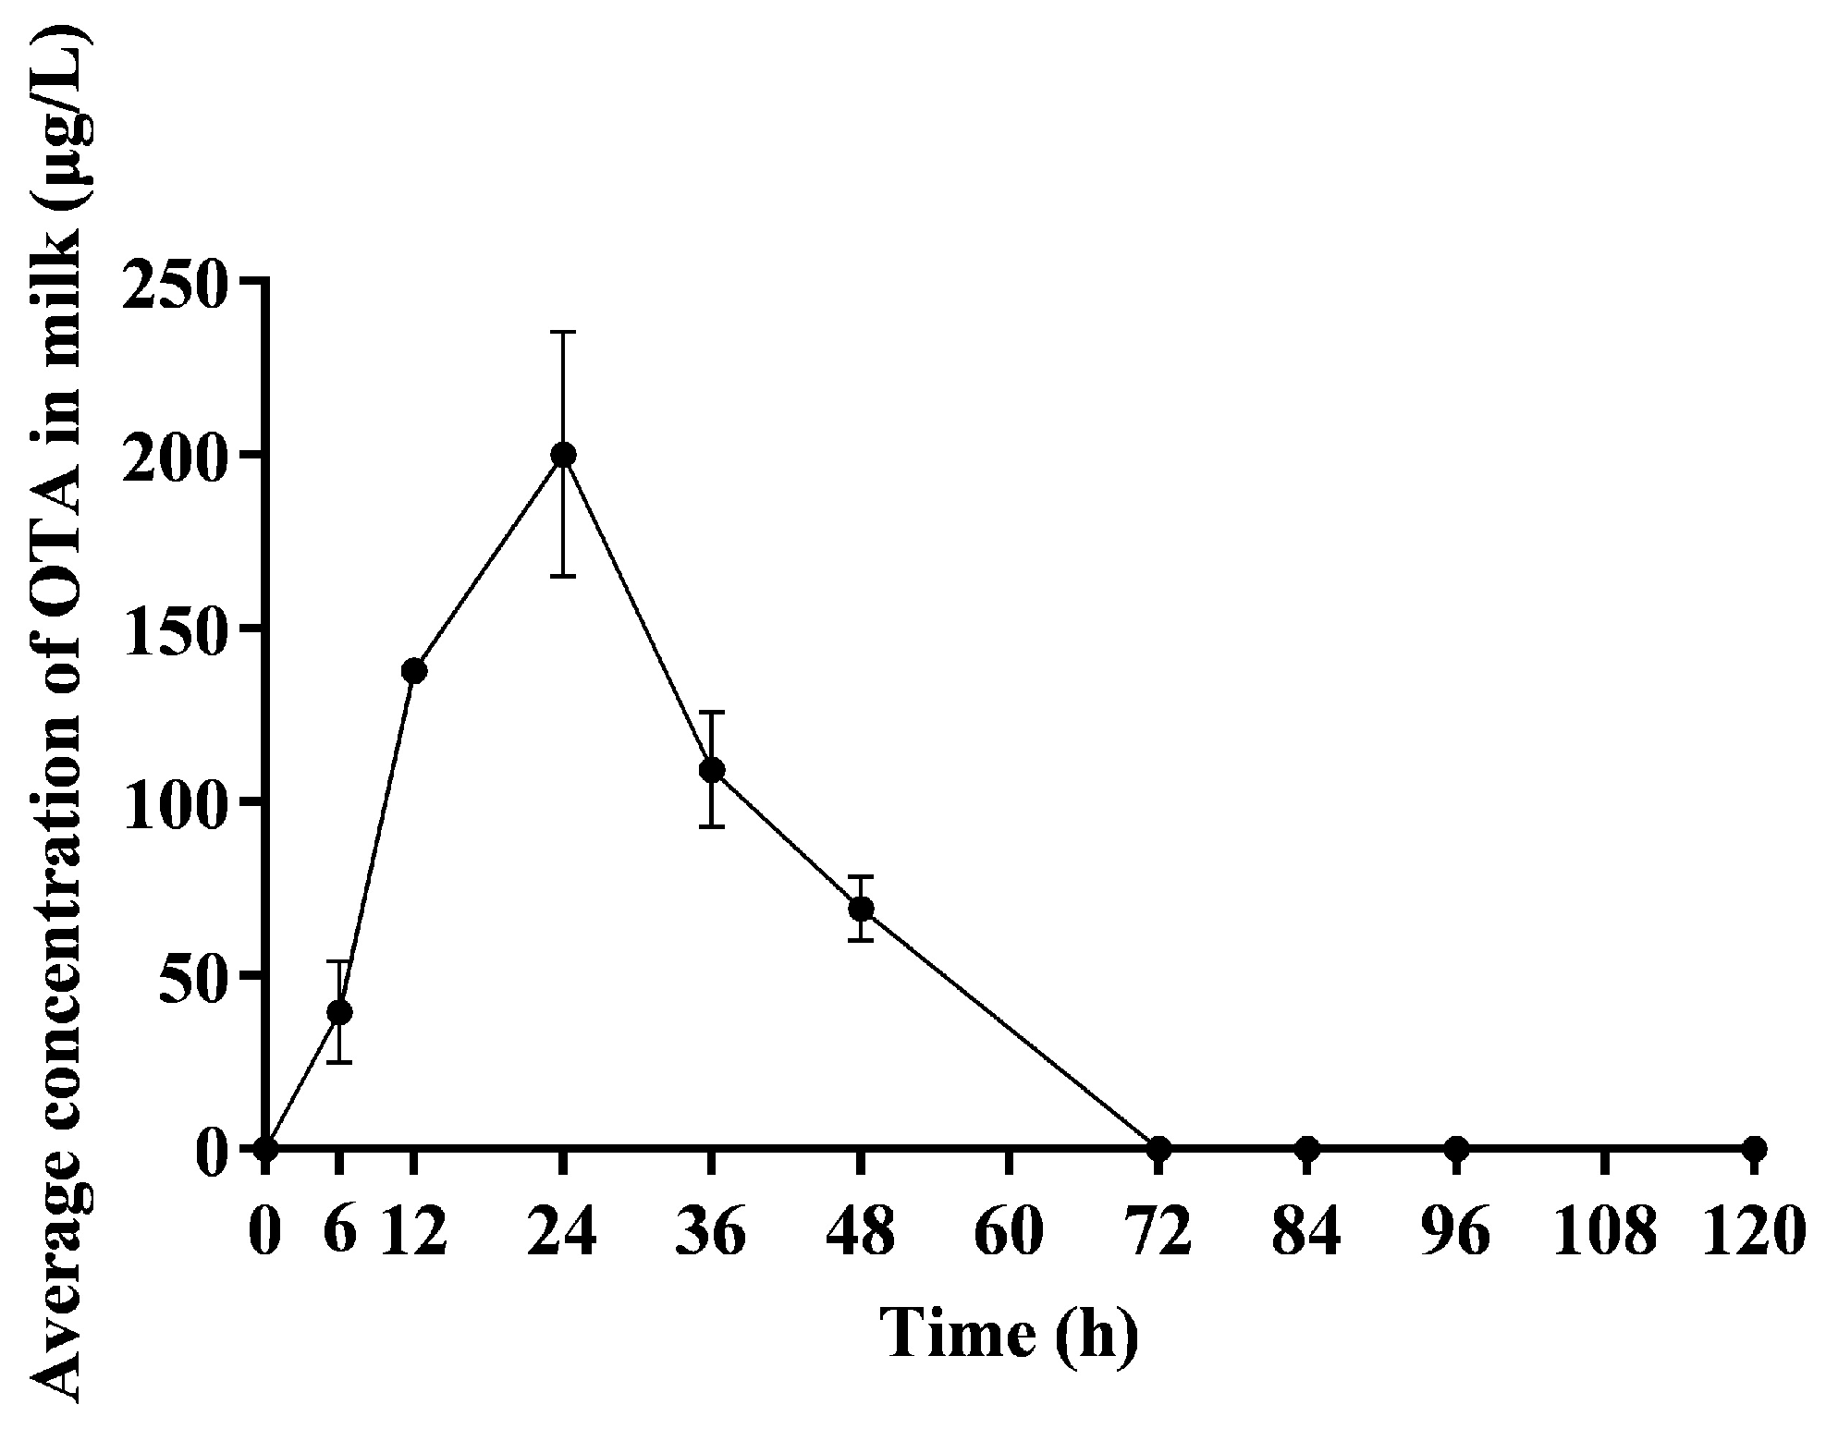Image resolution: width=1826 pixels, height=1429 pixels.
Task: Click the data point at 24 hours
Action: pos(562,454)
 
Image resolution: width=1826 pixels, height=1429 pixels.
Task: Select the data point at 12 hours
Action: pos(414,671)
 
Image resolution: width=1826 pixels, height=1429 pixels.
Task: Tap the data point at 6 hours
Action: pos(340,1012)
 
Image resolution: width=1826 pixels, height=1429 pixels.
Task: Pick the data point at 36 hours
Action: pos(711,770)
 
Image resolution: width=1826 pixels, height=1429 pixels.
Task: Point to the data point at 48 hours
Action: pos(861,909)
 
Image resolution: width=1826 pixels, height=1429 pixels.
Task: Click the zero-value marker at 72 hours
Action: pos(1159,1149)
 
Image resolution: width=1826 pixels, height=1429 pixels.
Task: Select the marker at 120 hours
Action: pos(1754,1149)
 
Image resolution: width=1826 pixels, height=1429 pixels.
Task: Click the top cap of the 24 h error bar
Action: pos(562,332)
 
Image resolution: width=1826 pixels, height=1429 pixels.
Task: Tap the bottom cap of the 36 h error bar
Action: pos(711,825)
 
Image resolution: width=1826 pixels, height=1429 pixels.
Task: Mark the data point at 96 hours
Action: pos(1456,1149)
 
